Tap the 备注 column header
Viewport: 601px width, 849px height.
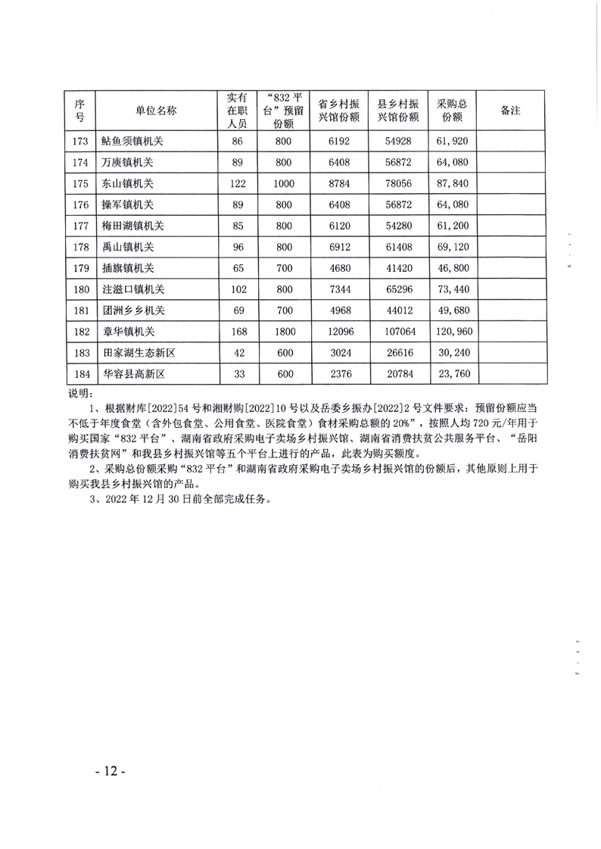511,111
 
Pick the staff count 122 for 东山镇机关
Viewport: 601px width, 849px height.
237,184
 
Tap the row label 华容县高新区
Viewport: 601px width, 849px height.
133,374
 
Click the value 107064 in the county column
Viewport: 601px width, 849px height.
398,332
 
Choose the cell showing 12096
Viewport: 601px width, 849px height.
338,332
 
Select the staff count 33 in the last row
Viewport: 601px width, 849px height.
237,374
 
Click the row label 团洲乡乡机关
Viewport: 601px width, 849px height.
133,311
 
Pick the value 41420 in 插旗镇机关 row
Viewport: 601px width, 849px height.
398,268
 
